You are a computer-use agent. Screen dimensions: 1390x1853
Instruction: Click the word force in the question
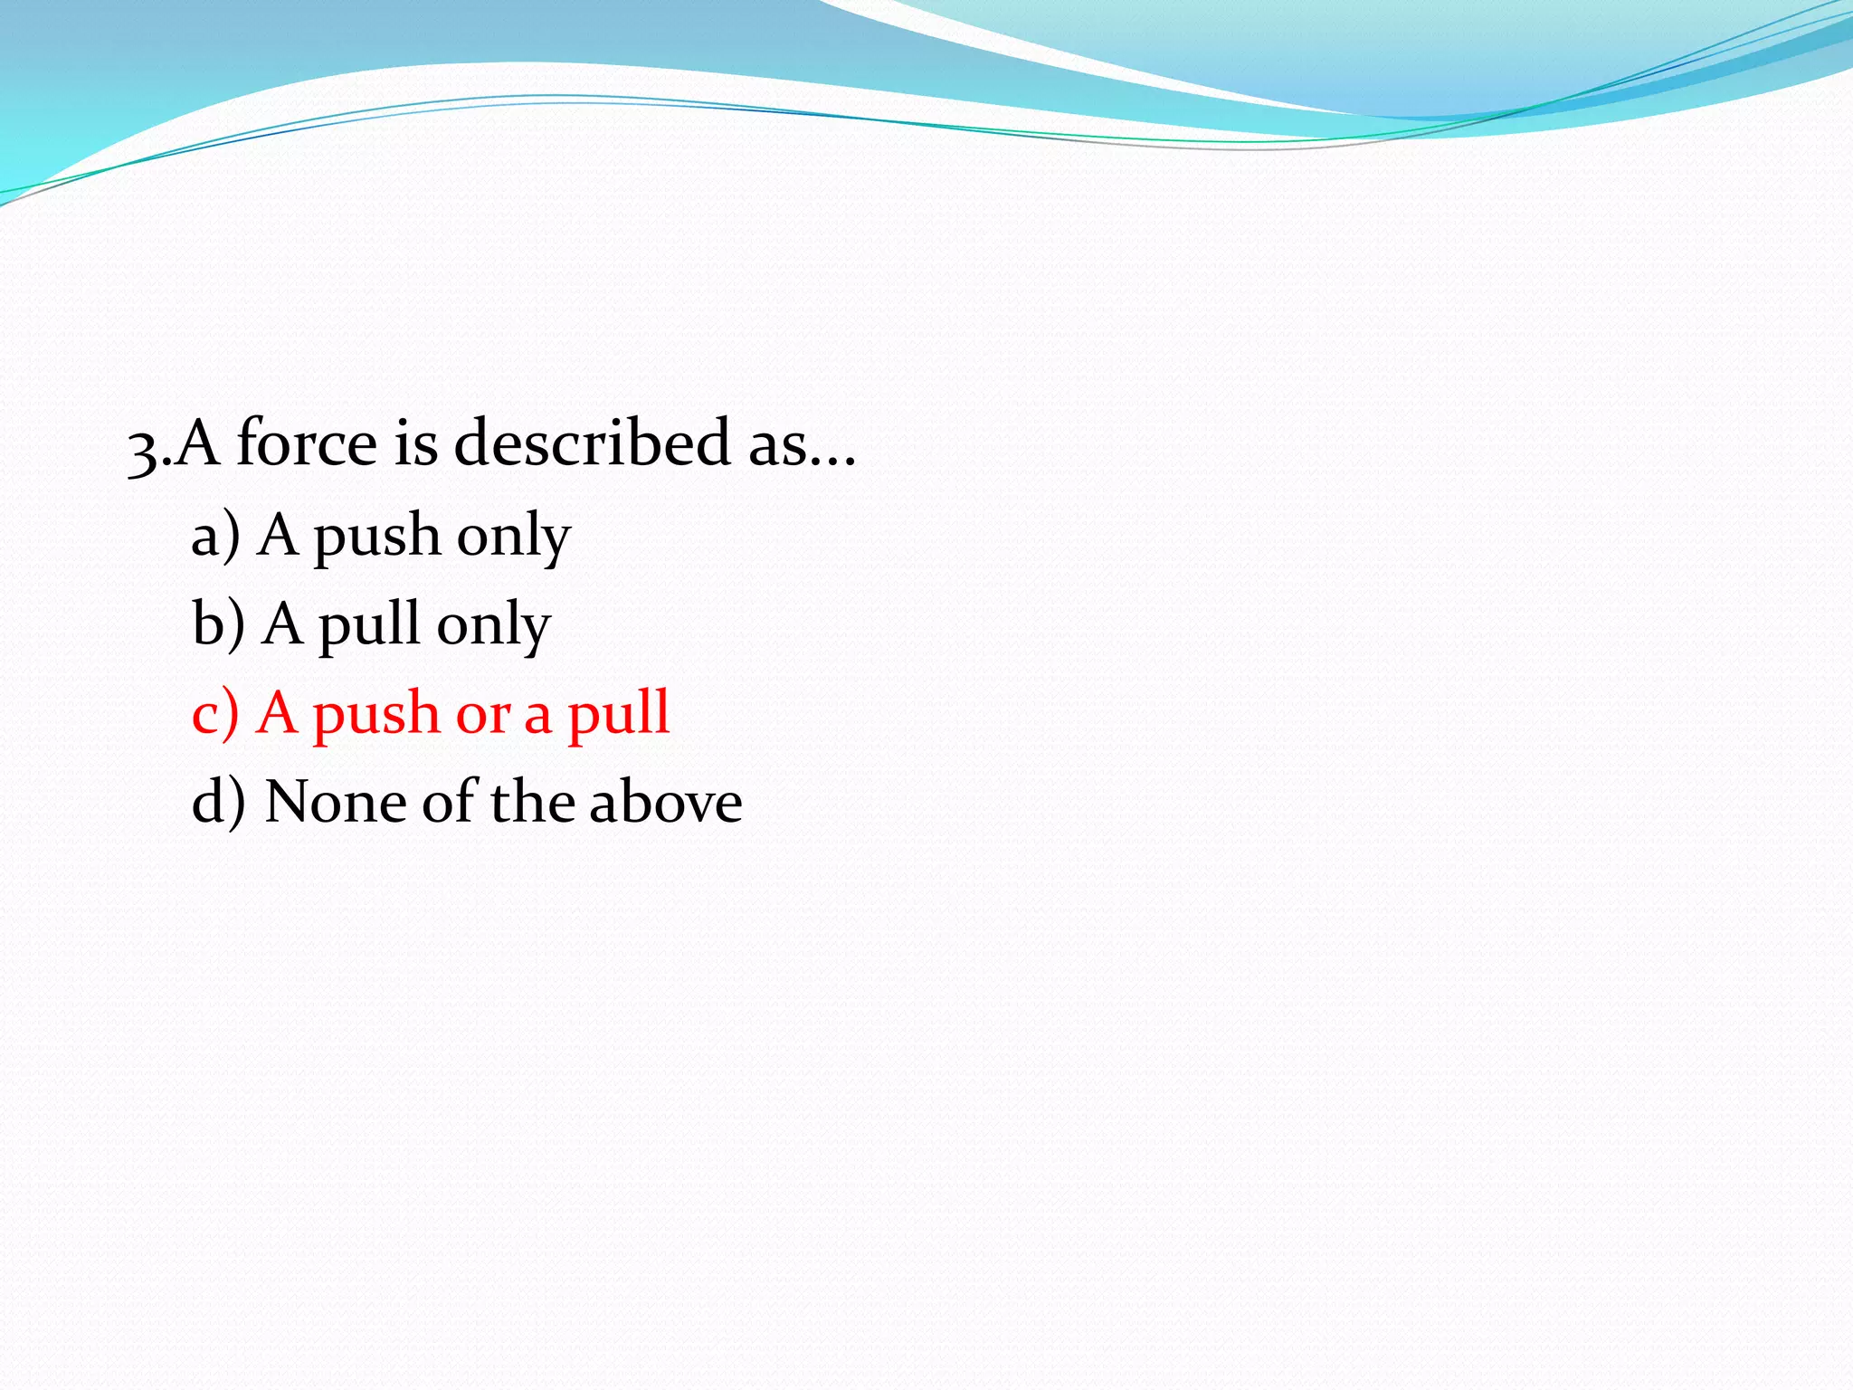click(x=307, y=443)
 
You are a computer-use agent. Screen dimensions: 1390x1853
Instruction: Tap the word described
click(x=591, y=443)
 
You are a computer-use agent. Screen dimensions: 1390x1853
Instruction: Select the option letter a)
click(x=215, y=536)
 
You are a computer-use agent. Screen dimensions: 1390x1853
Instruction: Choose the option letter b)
click(x=218, y=624)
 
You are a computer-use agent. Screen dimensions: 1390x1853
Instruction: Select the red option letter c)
click(x=215, y=714)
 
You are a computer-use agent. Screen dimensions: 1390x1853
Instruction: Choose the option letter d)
click(x=218, y=803)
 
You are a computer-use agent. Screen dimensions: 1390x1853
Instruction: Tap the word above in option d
click(x=665, y=803)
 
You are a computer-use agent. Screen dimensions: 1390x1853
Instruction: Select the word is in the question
click(x=415, y=443)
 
